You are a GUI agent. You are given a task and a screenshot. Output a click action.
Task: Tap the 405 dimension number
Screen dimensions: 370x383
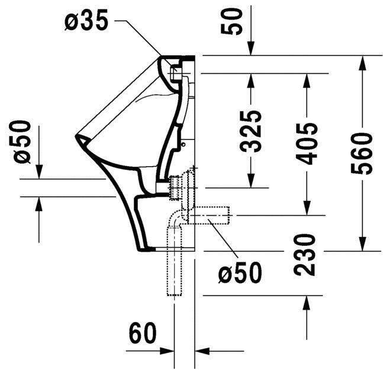point(308,144)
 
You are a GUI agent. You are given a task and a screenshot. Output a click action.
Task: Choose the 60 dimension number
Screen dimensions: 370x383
point(143,334)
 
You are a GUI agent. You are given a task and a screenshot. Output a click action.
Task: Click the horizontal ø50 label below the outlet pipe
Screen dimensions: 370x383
point(239,273)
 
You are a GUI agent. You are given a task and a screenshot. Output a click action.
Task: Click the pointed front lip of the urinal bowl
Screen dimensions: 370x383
point(78,137)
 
